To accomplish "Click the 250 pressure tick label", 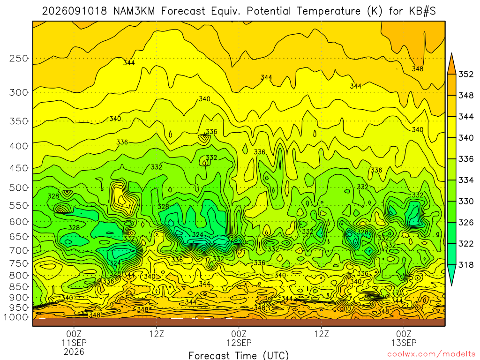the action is tap(18, 58).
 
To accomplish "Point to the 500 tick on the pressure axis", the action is tap(18, 187).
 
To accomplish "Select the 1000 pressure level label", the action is tap(16, 317).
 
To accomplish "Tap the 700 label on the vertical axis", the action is tap(18, 251).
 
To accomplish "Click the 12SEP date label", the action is tap(239, 343).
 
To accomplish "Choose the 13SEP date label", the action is tap(404, 343).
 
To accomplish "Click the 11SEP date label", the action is tap(74, 343).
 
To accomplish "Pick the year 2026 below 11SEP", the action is tap(74, 352).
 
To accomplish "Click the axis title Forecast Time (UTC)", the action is tap(239, 355).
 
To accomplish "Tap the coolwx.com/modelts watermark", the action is tap(431, 354).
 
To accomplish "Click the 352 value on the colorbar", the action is tap(466, 75).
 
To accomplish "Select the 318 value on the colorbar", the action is tap(466, 264).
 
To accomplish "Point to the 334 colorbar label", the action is tap(466, 180).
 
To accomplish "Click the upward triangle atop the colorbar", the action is tap(451, 64).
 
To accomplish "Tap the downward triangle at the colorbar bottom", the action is tap(451, 275).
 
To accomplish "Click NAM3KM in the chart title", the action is tap(134, 11).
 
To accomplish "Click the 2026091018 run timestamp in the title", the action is tap(75, 11).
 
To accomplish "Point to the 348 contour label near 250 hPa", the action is tap(418, 69).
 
